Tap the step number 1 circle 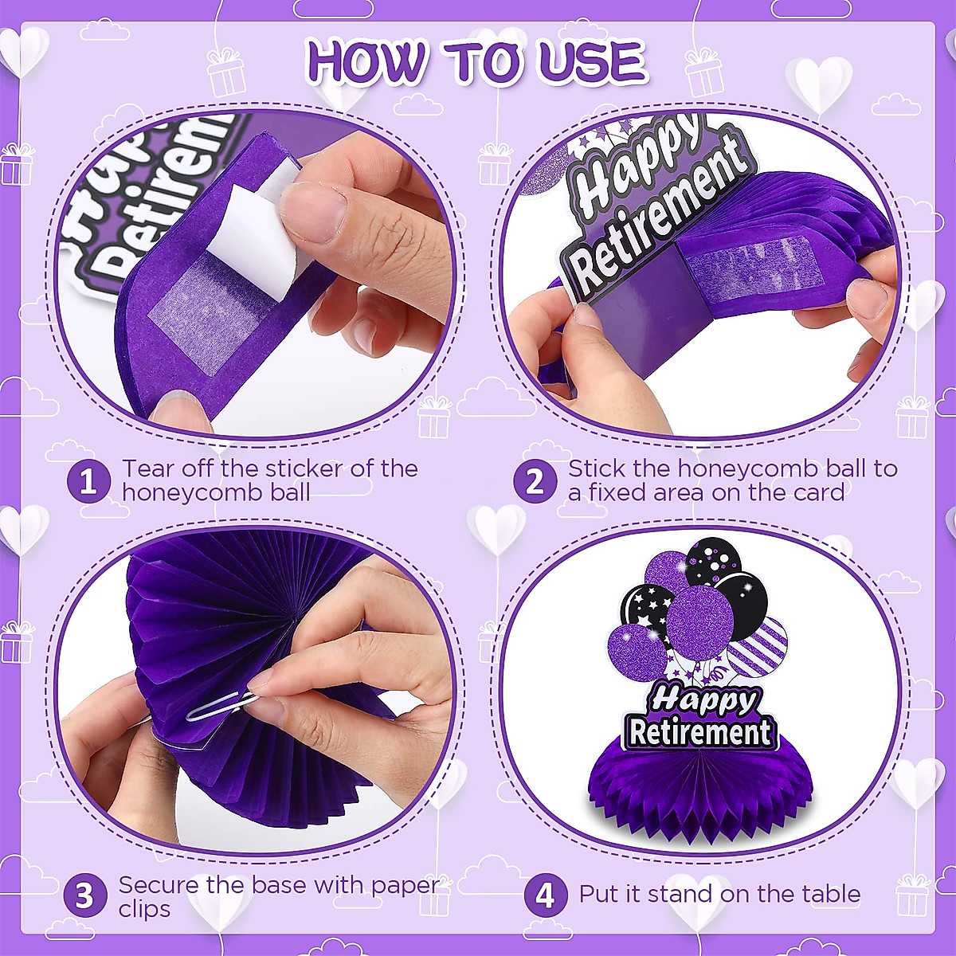click(x=88, y=482)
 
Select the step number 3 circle click(x=84, y=896)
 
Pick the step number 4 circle click(x=545, y=896)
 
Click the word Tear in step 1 click(x=148, y=468)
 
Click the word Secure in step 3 click(x=159, y=885)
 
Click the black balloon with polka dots click(x=711, y=560)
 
